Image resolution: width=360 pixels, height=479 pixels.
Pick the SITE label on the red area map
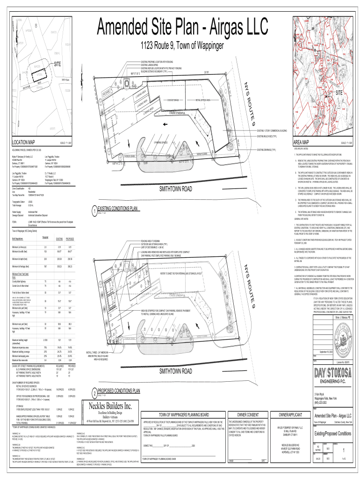click(339, 93)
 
